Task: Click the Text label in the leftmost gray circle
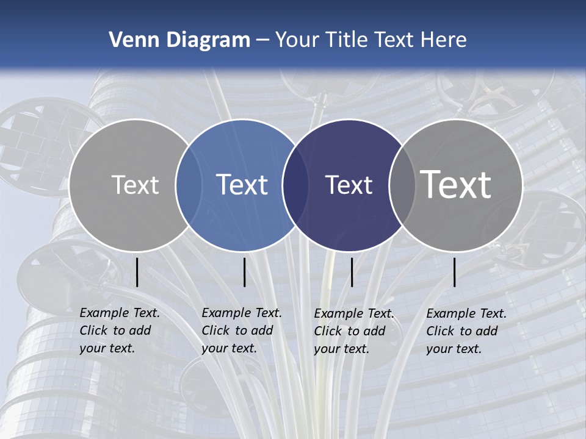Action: [135, 185]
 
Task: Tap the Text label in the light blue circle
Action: [242, 185]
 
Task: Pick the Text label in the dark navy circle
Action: [349, 185]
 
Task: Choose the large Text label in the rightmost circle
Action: [456, 185]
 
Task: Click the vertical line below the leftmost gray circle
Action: [137, 272]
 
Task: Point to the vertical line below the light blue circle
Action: [244, 272]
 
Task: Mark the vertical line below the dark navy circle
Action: [352, 272]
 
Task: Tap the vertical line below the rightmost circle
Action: [455, 272]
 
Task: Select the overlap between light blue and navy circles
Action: [295, 185]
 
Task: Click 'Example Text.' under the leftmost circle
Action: [120, 313]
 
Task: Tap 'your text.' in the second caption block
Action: [229, 348]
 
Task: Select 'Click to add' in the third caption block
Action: [350, 331]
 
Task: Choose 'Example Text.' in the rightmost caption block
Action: [466, 313]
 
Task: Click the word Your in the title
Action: [297, 40]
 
